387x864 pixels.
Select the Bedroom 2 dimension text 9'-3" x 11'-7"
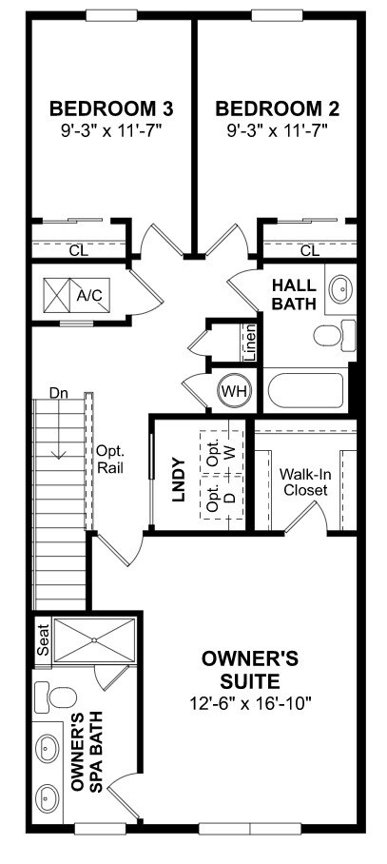(x=277, y=128)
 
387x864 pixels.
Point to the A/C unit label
(x=89, y=296)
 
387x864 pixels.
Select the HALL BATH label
(x=293, y=294)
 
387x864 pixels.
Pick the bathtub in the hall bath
(x=306, y=391)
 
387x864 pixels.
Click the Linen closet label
(x=249, y=344)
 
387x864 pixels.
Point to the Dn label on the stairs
(x=60, y=393)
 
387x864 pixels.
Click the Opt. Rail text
(x=110, y=460)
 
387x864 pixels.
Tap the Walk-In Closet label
(x=303, y=481)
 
